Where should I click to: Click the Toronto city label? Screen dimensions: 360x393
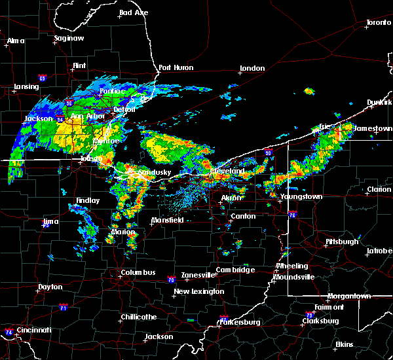378,23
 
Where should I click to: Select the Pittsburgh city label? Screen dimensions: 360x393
342,242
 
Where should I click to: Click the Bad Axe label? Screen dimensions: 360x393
134,13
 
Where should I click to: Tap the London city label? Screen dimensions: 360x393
252,68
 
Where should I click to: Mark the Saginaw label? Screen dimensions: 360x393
69,39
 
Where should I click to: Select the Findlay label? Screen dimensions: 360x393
87,201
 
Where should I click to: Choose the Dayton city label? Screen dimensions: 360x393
50,287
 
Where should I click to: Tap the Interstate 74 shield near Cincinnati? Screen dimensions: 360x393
9,332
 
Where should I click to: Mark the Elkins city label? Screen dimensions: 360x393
345,344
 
